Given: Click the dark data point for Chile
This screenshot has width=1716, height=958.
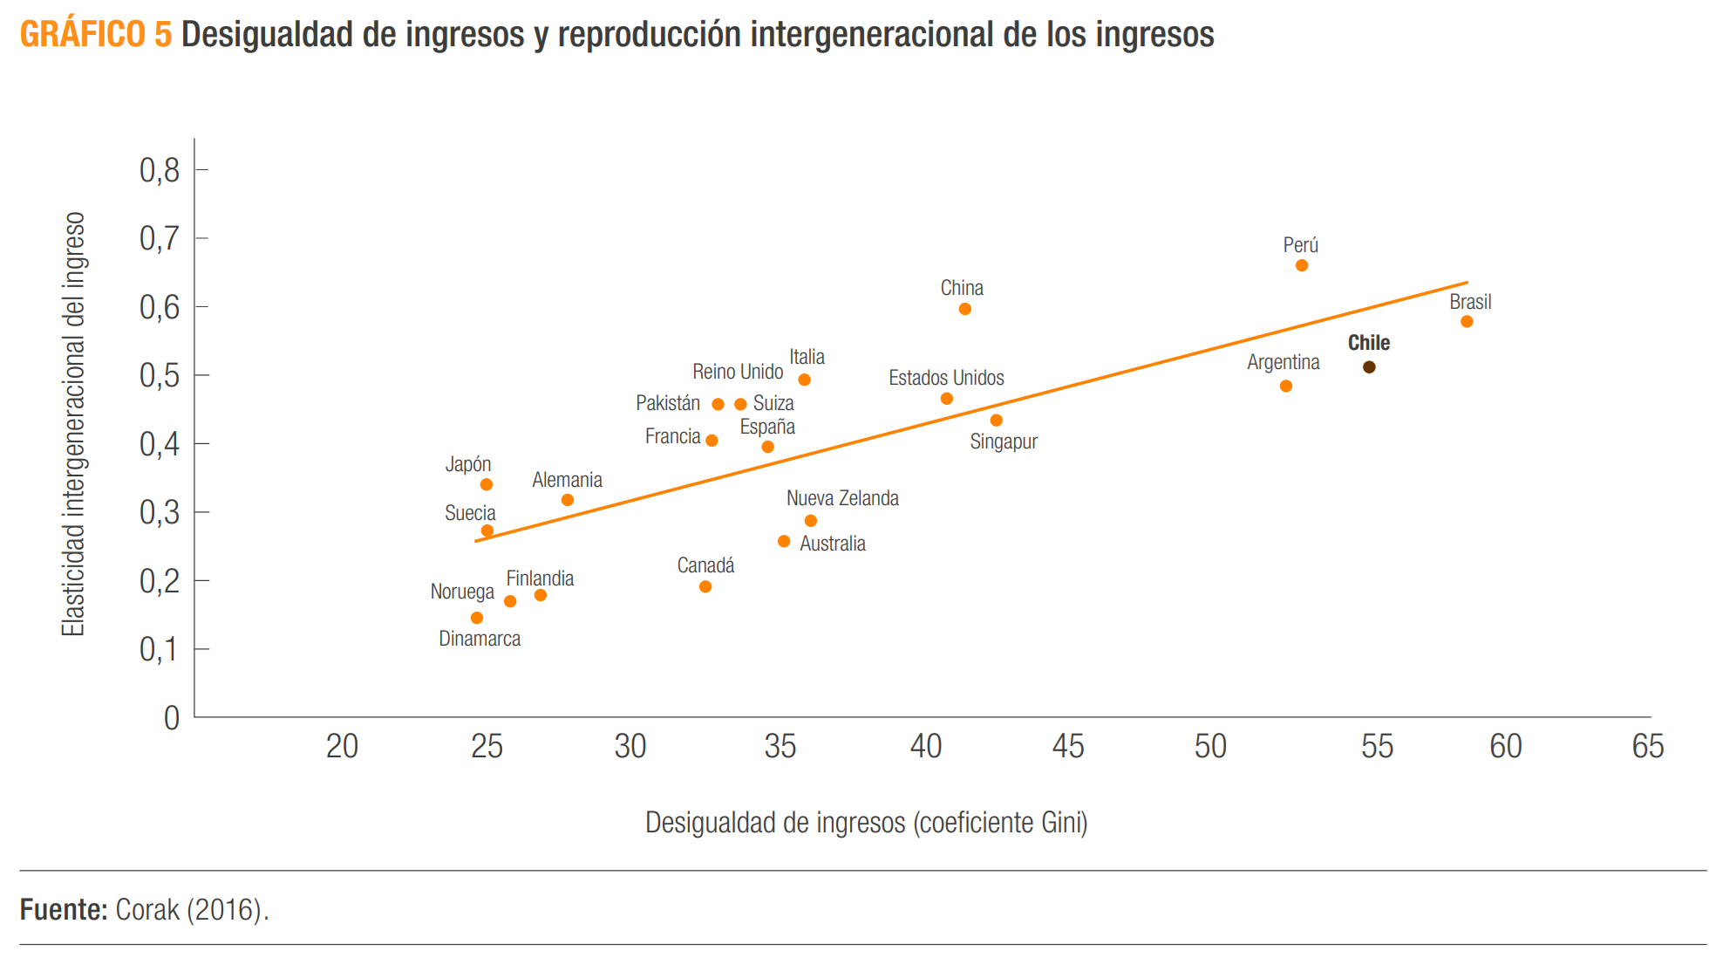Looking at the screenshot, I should pos(1369,367).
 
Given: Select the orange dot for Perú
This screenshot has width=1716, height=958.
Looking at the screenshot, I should pos(1302,265).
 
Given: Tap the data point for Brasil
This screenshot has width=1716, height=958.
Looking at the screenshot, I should pos(1467,322).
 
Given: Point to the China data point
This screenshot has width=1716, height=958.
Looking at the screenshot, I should pos(964,309).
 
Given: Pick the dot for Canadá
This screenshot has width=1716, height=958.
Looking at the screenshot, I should pos(705,587).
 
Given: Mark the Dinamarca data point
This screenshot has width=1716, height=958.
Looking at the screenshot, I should pos(477,618).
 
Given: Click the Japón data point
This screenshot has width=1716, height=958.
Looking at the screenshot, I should pos(487,484).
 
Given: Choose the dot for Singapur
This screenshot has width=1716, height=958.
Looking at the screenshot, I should pos(997,421).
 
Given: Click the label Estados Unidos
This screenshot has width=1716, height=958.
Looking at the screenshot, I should pos(946,378).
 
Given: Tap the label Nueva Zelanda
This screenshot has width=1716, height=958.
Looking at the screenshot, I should pos(842,498).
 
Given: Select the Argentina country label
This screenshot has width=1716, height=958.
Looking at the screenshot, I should pos(1283,362).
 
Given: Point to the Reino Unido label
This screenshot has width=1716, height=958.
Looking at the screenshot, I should pos(738,372).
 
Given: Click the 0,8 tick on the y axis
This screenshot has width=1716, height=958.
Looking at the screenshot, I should pos(160,170).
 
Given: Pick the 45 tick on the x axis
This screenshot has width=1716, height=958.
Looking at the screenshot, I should pos(1068,747).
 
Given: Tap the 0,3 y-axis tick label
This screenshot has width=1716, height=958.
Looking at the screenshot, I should pos(160,512).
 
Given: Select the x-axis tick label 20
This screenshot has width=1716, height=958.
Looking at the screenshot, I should pos(342,747).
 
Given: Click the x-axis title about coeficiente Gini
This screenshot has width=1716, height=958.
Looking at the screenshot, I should pos(866,822).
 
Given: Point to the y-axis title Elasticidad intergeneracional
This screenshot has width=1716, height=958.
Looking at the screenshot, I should pos(74,424).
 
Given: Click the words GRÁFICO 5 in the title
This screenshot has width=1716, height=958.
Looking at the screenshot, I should pos(96,35).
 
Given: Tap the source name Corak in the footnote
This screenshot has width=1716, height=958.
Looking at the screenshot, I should pos(147,909).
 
